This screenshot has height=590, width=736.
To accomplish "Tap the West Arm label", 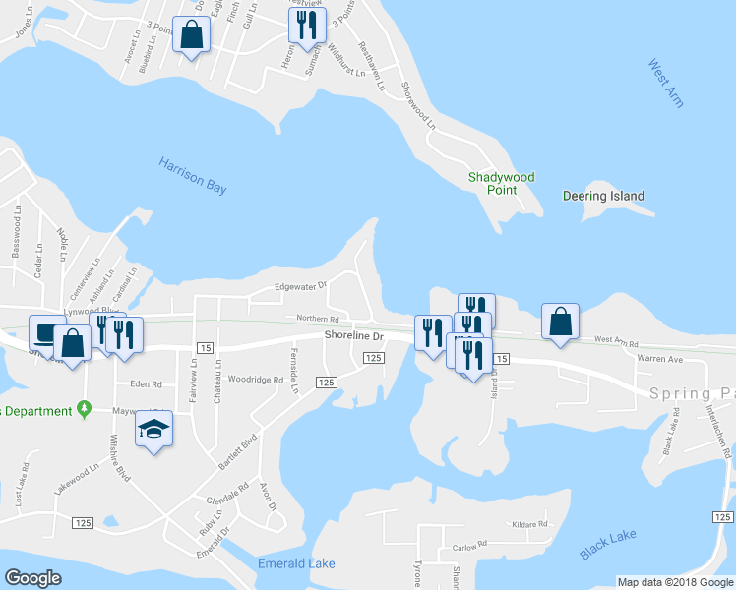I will coord(666,84).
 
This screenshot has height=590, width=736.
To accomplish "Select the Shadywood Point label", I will coord(501,184).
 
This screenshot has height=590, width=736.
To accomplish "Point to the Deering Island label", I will coord(603,196).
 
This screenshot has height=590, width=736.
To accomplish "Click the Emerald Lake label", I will coord(296,563).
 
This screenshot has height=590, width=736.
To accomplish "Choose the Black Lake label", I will coord(607,545).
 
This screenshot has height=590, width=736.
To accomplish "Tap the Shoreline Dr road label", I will coord(352,336).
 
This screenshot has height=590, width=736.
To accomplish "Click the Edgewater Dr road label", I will coord(300,287).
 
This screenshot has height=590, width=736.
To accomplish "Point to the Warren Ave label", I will coord(659,359).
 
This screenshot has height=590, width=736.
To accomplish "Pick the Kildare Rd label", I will coord(529,525).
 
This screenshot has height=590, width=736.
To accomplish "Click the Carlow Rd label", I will coord(470,546).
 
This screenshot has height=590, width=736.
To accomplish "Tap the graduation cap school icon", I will coord(153,429).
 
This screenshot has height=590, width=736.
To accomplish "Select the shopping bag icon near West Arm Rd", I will coord(560,321).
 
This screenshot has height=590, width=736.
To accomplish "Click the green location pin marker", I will coord(86,408).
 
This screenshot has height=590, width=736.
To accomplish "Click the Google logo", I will coord(32,578).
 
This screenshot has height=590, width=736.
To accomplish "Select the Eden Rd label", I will coord(145,384).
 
